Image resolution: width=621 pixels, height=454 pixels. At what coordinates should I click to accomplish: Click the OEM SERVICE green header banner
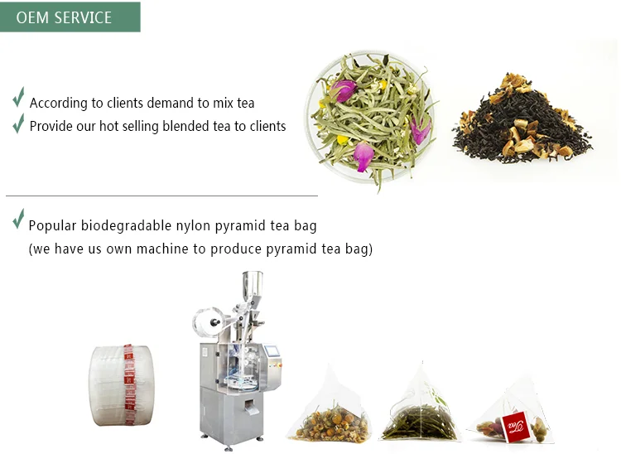[70, 17]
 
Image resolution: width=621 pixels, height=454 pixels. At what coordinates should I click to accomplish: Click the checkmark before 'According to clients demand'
[18, 99]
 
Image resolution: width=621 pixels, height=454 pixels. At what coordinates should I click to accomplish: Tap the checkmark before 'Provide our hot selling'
[18, 123]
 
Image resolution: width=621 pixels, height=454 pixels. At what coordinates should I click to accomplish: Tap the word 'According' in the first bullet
[59, 104]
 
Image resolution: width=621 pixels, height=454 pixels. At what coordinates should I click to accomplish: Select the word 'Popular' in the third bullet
[51, 226]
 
